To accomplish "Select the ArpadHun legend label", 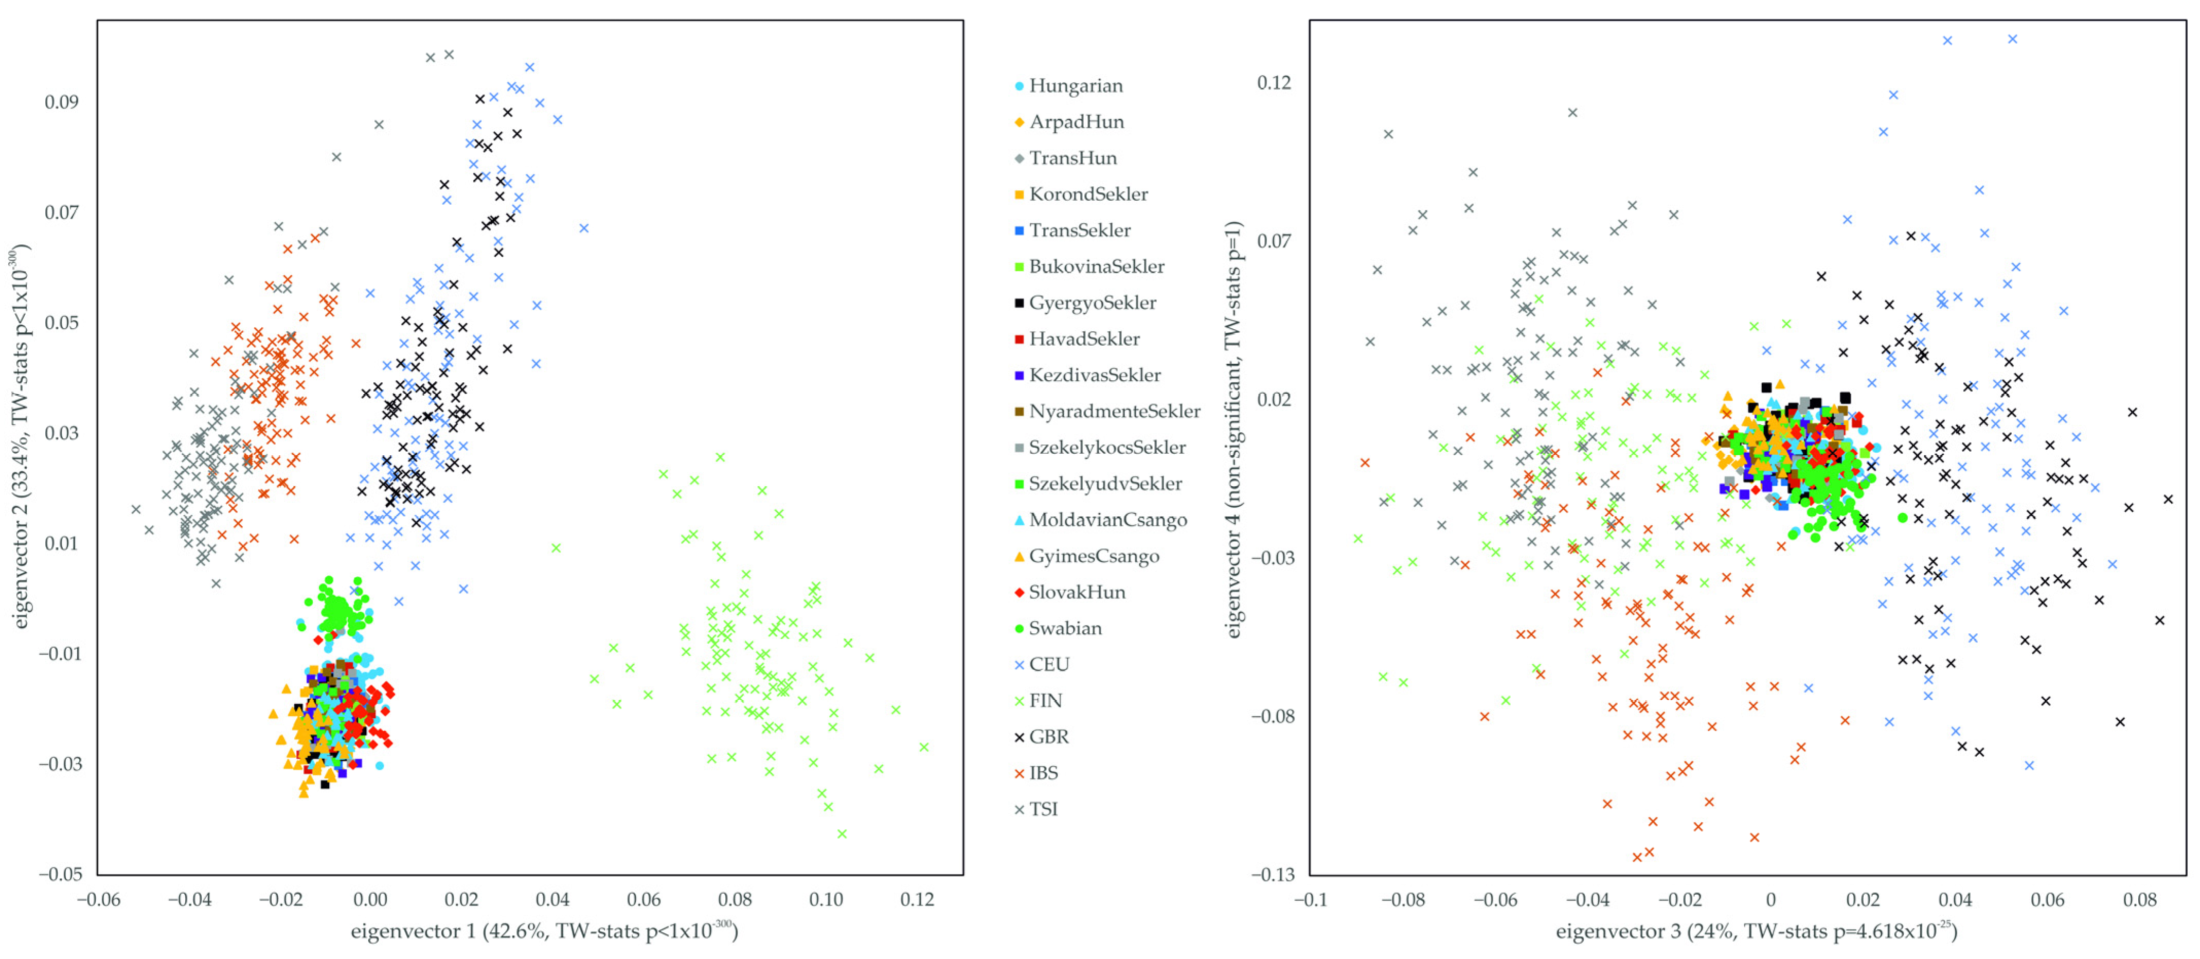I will pos(1076,122).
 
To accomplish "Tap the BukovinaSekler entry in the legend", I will pos(1096,267).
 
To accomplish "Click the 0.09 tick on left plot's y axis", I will pos(62,102).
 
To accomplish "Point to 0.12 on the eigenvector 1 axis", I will pos(917,900).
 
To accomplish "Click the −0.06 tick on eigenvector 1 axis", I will pos(97,900).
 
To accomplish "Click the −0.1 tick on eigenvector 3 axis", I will pos(1310,900).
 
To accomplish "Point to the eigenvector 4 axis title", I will pos(1233,430).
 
